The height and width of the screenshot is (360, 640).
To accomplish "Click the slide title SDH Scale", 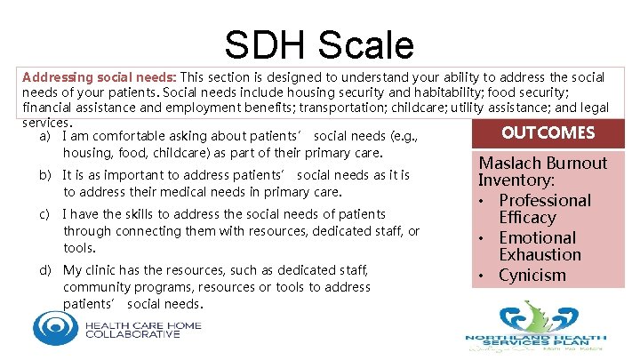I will tap(319, 44).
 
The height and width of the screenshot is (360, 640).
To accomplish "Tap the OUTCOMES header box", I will tap(548, 132).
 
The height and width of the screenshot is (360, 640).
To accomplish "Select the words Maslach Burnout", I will tap(543, 163).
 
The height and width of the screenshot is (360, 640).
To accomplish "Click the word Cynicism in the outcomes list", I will tap(532, 275).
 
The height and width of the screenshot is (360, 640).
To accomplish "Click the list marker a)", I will tap(44, 136).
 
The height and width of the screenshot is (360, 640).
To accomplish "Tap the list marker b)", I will tap(44, 176).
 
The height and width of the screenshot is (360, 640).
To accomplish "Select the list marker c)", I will tap(44, 214).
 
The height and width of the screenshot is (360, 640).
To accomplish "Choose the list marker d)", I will tap(44, 270).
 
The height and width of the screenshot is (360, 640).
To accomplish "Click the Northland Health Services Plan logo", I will tap(535, 328).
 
